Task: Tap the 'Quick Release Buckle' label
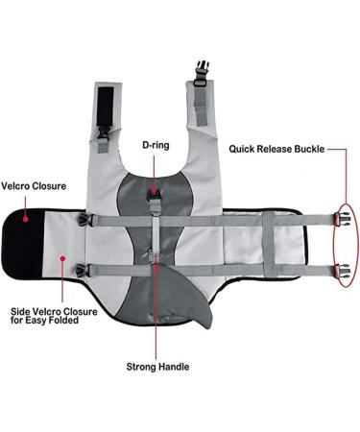tap(276, 149)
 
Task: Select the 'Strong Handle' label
tap(157, 366)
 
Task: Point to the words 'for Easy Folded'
tap(41, 320)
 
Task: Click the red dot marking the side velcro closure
tap(64, 257)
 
